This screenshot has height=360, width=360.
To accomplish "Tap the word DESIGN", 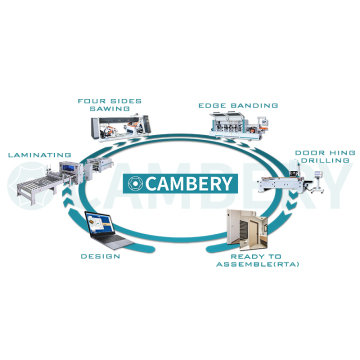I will (x=100, y=256).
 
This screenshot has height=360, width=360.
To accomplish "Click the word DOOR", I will (x=307, y=152).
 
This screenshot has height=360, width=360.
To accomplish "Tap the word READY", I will (x=245, y=256).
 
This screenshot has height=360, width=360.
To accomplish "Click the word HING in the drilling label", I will (x=333, y=152).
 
